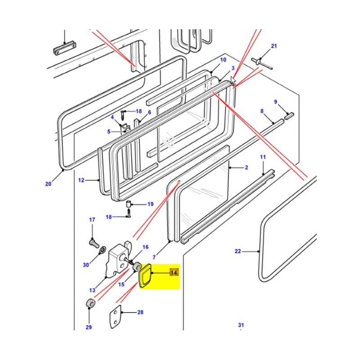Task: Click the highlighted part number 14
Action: click(x=174, y=273)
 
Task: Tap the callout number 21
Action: click(x=274, y=46)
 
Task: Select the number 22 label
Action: click(x=238, y=251)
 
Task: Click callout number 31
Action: click(x=241, y=325)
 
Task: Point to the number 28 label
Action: click(x=140, y=312)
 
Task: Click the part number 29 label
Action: click(x=88, y=327)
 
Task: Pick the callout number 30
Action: click(x=86, y=265)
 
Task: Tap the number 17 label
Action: click(x=92, y=220)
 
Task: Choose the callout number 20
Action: click(x=49, y=184)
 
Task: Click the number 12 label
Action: click(x=81, y=180)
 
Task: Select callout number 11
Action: click(x=263, y=157)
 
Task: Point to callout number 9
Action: click(x=275, y=102)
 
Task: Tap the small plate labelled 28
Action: click(x=116, y=318)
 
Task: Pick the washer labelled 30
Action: click(x=103, y=249)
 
